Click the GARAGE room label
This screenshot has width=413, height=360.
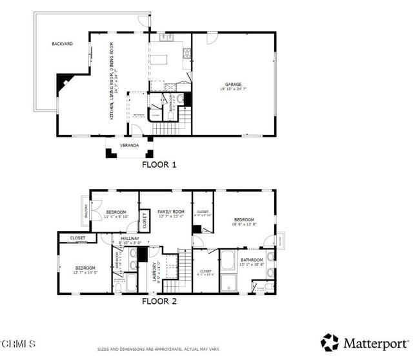233,85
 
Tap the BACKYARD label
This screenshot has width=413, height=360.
63,44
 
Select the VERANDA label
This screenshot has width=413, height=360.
129,146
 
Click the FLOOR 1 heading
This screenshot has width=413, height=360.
159,165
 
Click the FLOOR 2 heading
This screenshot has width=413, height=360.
159,301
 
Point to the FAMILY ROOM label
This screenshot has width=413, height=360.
171,212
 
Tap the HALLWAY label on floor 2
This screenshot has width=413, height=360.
131,238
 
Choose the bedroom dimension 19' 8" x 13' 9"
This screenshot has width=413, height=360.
244,225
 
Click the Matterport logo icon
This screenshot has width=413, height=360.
330,342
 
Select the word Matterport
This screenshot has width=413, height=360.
374,343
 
